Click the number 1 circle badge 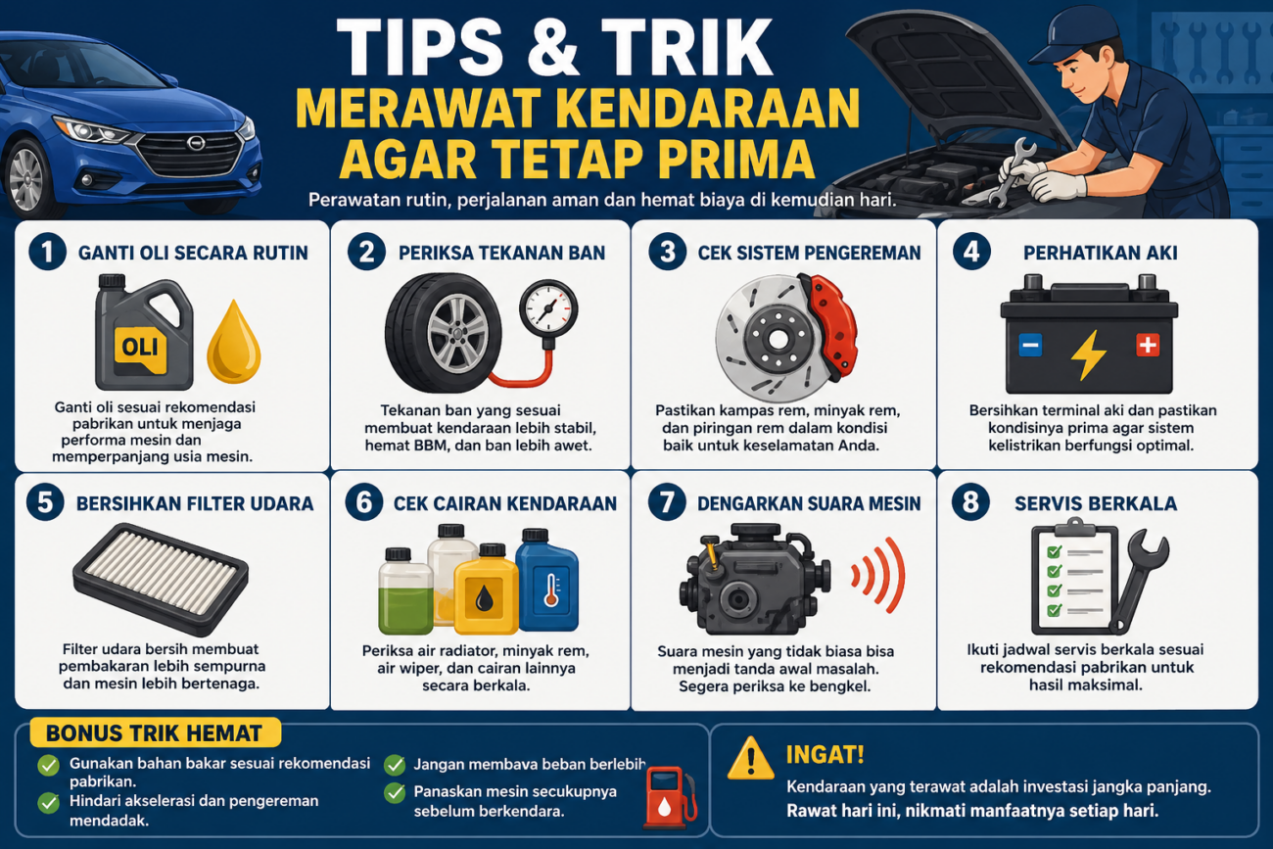[48, 252]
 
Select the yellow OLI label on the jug [140, 347]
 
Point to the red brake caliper [830, 325]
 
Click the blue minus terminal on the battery [1030, 345]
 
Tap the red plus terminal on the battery [1147, 345]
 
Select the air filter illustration [161, 579]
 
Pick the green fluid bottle [405, 591]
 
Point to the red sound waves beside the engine [879, 575]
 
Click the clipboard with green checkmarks [1073, 577]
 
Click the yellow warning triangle [751, 759]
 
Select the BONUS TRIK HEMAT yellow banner [155, 732]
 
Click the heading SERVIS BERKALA [1095, 503]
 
